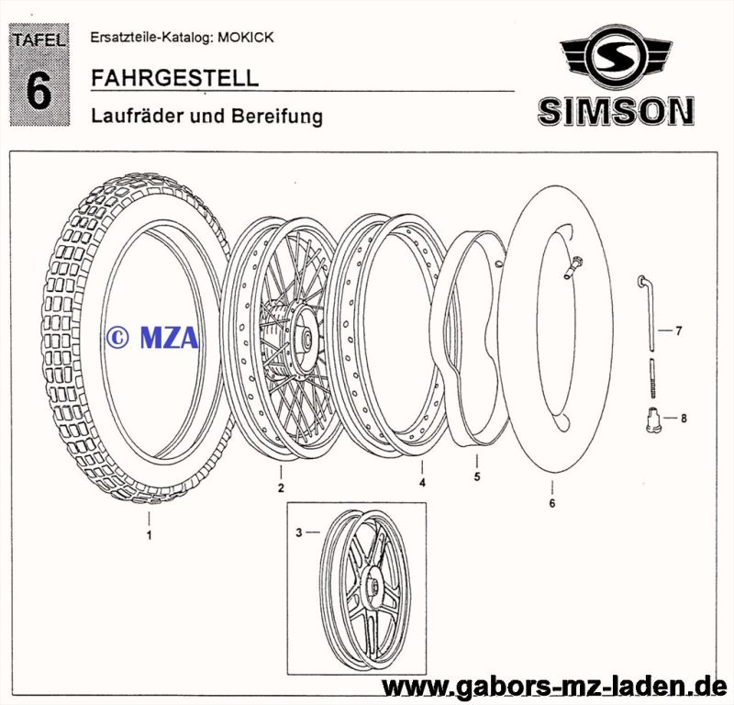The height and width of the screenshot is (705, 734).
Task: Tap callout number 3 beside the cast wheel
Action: point(298,532)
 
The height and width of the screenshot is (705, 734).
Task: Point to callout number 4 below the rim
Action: point(422,482)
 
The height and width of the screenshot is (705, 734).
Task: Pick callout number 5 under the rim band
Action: point(477,477)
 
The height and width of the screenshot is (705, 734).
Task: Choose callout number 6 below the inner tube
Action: point(552,502)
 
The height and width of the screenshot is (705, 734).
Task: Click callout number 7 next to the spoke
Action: point(679,330)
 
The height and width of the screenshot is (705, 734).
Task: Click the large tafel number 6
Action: point(39,92)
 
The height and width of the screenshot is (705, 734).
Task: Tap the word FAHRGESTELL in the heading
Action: point(174,78)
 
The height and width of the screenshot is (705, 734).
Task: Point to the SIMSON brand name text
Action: point(615,112)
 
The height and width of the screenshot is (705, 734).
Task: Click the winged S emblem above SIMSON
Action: point(615,60)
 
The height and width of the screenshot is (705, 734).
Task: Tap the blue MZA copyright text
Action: point(150,338)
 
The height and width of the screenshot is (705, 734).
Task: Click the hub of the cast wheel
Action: point(373,583)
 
